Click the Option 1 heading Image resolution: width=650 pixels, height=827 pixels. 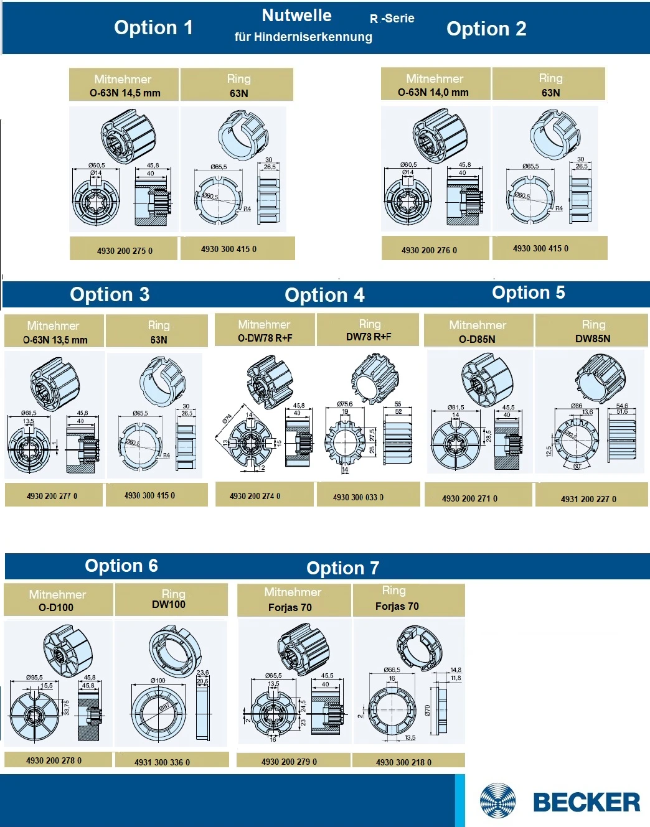click(153, 28)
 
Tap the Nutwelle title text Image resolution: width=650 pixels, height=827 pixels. click(296, 16)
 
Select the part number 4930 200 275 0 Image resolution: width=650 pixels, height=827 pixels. click(125, 251)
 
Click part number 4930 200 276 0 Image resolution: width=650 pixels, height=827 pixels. click(429, 250)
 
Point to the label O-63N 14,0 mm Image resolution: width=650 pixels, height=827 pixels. click(433, 93)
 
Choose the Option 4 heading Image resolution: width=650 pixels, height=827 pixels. click(324, 295)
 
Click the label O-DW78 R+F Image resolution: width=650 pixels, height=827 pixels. click(265, 338)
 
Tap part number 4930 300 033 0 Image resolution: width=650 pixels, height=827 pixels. click(358, 497)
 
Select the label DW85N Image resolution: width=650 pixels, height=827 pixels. click(593, 339)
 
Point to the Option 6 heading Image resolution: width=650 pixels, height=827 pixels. click(121, 566)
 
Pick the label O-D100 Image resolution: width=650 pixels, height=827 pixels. click(56, 607)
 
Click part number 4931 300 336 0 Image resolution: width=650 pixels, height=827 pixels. click(162, 762)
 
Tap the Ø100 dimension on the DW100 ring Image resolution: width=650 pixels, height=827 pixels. click(158, 680)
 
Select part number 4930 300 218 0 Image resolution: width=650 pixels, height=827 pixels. click(403, 762)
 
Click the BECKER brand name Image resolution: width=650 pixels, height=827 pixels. click(586, 802)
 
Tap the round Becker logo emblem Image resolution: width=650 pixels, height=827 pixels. click(497, 801)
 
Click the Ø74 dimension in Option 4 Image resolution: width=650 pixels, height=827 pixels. click(227, 419)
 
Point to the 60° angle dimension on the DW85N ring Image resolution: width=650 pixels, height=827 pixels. click(577, 466)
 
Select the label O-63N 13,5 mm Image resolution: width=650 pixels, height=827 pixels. click(55, 340)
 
